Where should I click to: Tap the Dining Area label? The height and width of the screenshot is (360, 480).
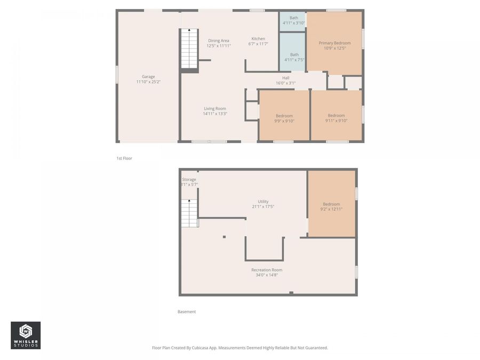coord(218,41)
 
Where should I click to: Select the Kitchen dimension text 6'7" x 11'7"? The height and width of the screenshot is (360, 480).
coord(258,44)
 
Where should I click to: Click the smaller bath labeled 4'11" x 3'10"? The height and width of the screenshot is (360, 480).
coord(293,20)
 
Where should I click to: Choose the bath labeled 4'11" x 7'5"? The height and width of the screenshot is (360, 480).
coord(294,57)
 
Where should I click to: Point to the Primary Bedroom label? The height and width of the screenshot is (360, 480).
coord(334,43)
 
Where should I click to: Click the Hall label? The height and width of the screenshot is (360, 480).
coord(286,77)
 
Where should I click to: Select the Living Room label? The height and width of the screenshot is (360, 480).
coord(214,108)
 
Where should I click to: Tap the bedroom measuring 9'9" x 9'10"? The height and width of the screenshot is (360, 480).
coord(284,118)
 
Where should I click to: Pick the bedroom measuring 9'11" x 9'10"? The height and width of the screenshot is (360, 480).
coord(336,118)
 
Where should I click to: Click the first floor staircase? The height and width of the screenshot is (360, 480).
coord(189,49)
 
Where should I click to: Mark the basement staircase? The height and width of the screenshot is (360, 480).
coord(189,213)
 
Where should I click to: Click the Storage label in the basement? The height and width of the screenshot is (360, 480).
coord(189,180)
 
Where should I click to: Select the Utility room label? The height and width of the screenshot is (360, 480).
coord(263,202)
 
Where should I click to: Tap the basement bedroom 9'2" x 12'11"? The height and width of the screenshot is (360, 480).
coord(331,206)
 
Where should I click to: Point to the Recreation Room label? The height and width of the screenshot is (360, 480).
coord(267,270)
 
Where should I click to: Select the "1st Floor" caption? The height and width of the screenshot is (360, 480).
coord(124,158)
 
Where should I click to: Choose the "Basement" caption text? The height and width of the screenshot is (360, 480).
coord(187,311)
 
